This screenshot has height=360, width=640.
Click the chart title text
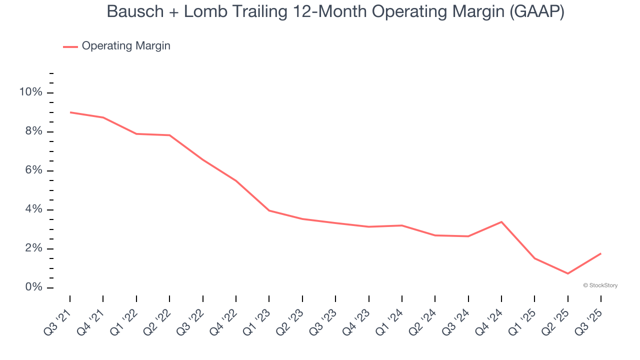[335, 11]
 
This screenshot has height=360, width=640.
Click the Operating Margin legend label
[126, 46]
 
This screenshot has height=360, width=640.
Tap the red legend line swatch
[70, 46]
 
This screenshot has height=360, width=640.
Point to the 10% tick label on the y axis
[30, 92]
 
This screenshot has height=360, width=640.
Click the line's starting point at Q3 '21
[70, 112]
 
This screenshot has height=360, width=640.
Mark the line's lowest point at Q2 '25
[567, 273]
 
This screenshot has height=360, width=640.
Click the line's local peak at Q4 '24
[501, 222]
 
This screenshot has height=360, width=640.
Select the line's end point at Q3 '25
[600, 253]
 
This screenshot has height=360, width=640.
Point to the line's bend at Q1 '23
[269, 210]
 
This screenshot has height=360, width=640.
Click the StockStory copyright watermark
[600, 285]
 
